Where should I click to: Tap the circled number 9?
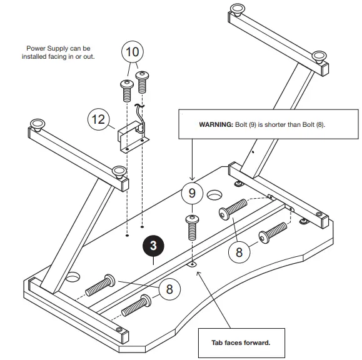pos(193,193)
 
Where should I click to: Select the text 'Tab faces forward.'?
pos(241,342)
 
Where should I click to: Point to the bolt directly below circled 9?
pos(191,229)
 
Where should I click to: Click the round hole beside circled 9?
pos(214,194)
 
